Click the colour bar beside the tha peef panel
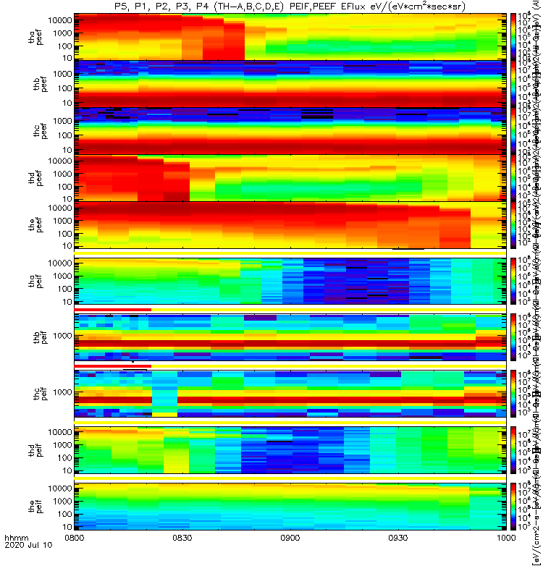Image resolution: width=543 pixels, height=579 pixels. coord(513,36)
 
